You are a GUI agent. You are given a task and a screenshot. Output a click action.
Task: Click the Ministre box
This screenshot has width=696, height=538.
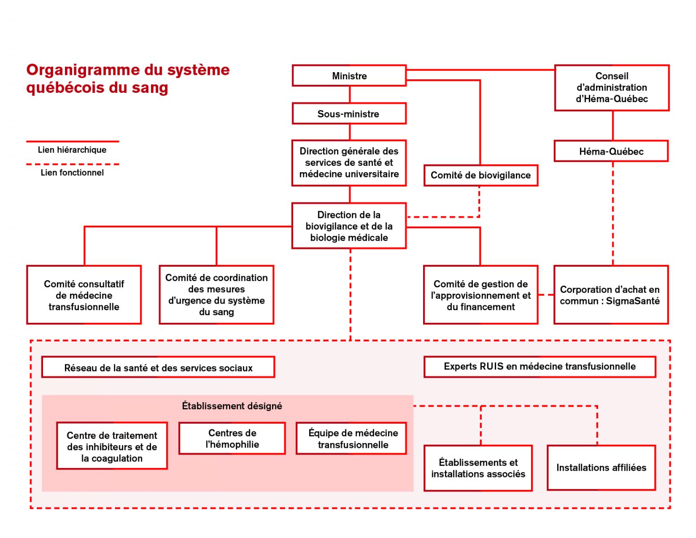tap(349, 76)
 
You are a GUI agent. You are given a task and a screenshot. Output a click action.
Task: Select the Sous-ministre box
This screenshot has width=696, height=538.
tap(349, 113)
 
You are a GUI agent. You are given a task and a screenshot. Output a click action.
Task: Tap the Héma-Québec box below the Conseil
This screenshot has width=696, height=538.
tap(611, 151)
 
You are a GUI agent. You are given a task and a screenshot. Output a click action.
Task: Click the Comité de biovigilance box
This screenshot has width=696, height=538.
tap(481, 175)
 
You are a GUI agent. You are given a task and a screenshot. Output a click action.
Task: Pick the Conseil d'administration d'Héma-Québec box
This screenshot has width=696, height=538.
tap(612, 87)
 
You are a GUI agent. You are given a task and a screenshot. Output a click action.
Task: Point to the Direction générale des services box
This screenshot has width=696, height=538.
tap(349, 163)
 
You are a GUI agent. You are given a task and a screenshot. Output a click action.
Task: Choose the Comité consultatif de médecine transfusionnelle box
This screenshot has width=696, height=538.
tap(84, 295)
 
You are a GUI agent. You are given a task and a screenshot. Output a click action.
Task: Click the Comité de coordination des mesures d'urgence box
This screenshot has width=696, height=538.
tap(216, 295)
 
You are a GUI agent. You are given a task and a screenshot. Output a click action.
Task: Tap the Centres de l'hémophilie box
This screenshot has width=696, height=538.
tap(232, 438)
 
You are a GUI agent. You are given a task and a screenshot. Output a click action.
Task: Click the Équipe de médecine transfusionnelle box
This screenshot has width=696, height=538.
tap(351, 438)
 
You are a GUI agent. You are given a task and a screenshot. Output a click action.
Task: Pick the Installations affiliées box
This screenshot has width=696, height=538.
tap(601, 468)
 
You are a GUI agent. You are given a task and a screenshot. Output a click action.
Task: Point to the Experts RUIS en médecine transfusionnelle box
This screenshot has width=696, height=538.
tap(540, 367)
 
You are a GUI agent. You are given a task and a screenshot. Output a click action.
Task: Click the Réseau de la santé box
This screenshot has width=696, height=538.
tap(158, 367)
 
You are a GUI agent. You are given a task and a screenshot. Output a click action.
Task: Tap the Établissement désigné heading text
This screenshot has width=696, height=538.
tap(232, 406)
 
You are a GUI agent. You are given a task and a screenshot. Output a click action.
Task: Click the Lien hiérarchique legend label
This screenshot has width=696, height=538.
tap(72, 150)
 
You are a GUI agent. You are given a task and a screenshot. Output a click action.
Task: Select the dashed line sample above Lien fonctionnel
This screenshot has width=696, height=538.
tap(73, 165)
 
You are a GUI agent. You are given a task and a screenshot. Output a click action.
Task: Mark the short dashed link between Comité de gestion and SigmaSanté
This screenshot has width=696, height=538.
tap(546, 295)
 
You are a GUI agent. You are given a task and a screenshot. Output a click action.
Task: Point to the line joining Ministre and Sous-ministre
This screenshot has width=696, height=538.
tap(350, 95)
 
